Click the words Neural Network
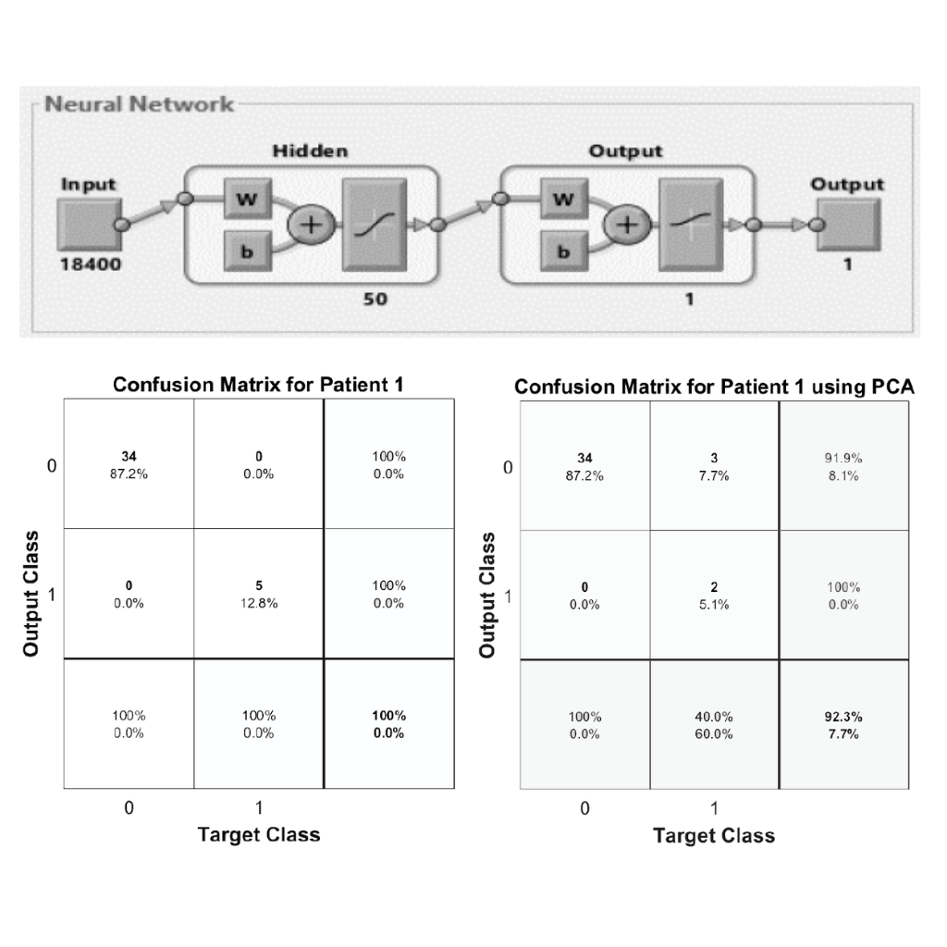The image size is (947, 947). [140, 104]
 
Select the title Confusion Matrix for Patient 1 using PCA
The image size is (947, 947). [714, 387]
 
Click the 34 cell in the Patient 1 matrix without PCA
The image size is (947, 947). [129, 465]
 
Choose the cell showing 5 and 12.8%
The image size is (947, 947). [259, 595]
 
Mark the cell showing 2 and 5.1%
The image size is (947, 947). [714, 596]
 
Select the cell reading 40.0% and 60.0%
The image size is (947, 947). [714, 725]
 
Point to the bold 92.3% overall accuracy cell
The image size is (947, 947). [843, 725]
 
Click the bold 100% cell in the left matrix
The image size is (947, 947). [388, 724]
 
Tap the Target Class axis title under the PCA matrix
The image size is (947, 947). [714, 836]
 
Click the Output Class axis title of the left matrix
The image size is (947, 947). [31, 594]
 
